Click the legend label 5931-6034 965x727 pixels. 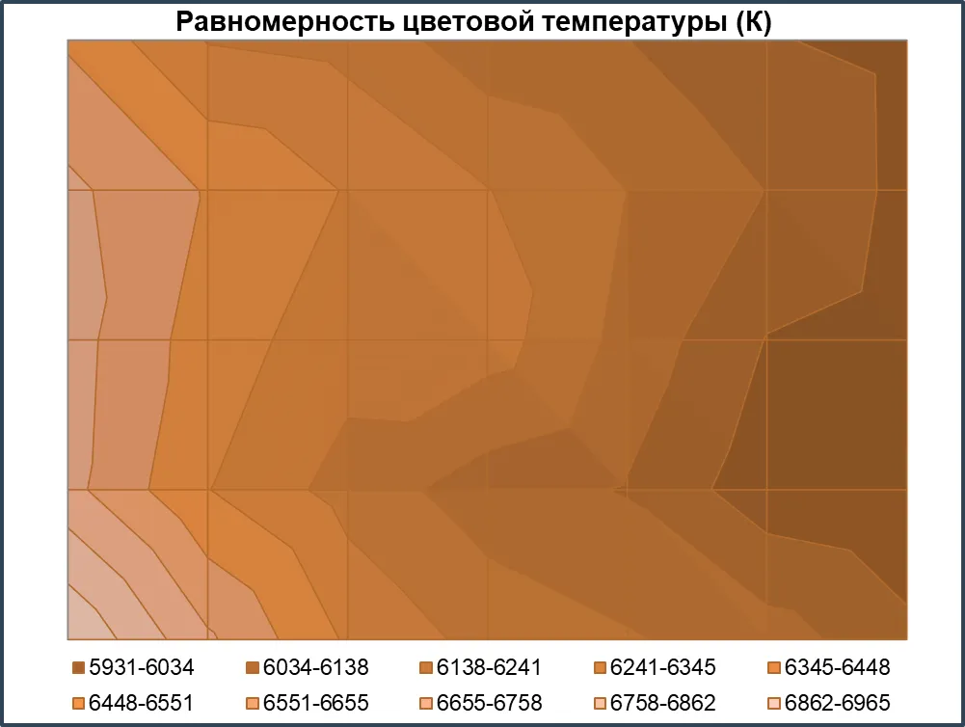(x=142, y=667)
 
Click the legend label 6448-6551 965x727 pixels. (x=142, y=703)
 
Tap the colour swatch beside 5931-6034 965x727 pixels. (x=78, y=667)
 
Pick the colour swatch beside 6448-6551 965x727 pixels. (x=78, y=703)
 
